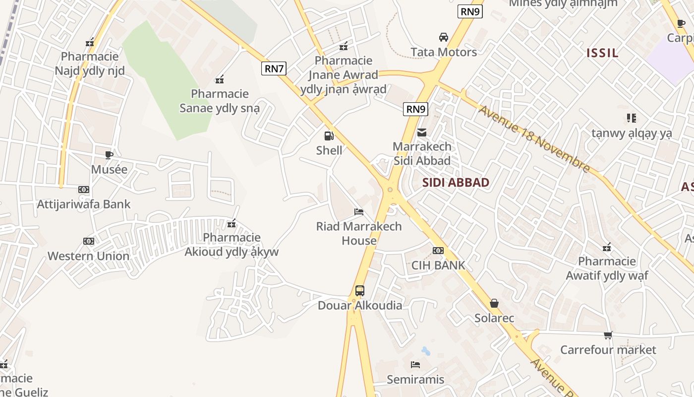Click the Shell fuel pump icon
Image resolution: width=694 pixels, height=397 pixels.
[x=329, y=135]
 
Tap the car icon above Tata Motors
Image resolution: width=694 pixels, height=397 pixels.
[x=444, y=37]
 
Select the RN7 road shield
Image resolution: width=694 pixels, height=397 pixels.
[x=274, y=68]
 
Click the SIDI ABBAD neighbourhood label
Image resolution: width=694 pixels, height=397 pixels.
[x=456, y=183]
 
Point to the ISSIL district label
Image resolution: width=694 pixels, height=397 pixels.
[x=602, y=53]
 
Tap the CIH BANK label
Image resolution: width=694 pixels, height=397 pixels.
[x=438, y=265]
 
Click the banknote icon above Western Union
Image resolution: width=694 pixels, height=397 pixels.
[x=89, y=241]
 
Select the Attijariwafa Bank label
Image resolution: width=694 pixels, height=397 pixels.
[x=84, y=204]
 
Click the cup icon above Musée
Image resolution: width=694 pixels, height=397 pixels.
[x=109, y=155]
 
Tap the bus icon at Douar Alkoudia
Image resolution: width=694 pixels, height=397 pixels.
[x=360, y=291]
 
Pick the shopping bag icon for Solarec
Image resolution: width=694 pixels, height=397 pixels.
[x=494, y=303]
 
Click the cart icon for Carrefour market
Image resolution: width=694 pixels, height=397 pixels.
[x=608, y=335]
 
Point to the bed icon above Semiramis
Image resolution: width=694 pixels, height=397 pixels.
[x=415, y=365]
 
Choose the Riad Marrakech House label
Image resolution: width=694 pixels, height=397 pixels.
[x=359, y=233]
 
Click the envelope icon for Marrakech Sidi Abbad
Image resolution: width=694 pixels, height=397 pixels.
[x=422, y=132]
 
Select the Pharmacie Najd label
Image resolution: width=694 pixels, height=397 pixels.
[x=90, y=64]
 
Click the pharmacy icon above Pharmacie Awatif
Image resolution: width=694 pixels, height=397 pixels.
[x=607, y=247]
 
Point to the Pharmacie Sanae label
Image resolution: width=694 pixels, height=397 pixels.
[x=219, y=101]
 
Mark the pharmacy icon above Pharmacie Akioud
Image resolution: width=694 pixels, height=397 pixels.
[x=231, y=224]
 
